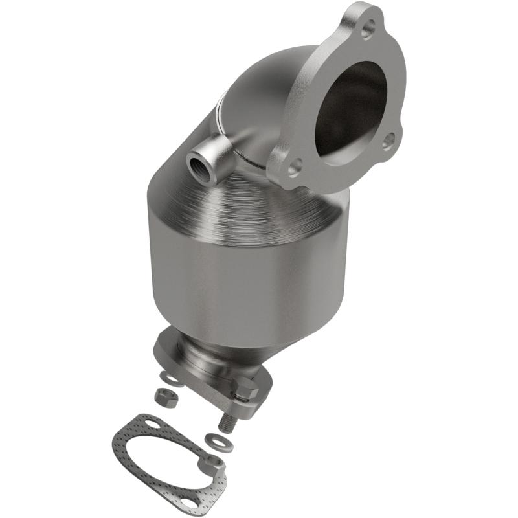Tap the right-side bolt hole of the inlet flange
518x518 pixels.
tap(387, 140)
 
